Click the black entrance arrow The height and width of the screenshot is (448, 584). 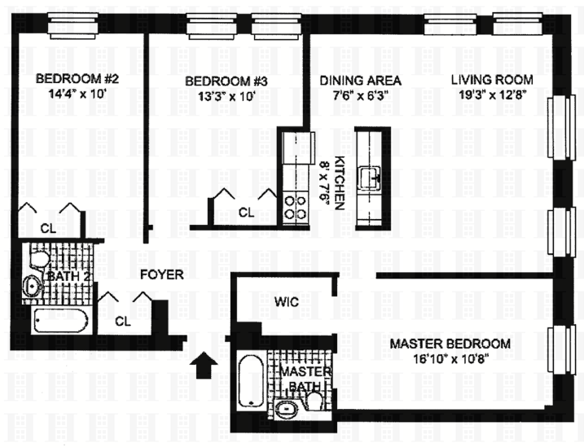[207, 364]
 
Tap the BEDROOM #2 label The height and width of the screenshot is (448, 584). [78, 80]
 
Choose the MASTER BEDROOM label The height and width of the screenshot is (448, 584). [450, 344]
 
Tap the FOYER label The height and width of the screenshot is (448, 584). [160, 275]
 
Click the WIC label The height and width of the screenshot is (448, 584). [288, 302]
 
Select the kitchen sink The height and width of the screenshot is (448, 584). [377, 175]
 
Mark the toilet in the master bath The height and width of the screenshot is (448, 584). [316, 402]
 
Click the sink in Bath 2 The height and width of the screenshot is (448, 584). [33, 286]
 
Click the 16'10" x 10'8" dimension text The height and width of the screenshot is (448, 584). [450, 358]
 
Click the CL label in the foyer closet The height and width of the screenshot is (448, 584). [123, 321]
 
